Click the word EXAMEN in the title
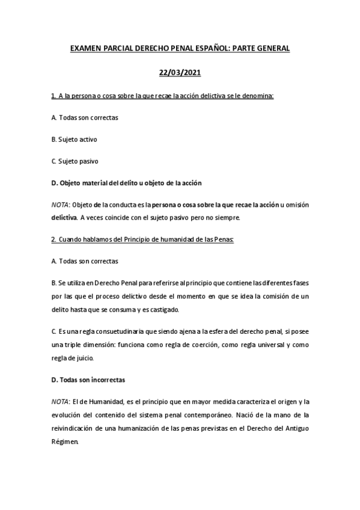click(85, 49)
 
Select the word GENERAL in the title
click(269, 49)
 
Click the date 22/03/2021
click(180, 73)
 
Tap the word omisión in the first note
click(294, 205)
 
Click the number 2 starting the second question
click(53, 239)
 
